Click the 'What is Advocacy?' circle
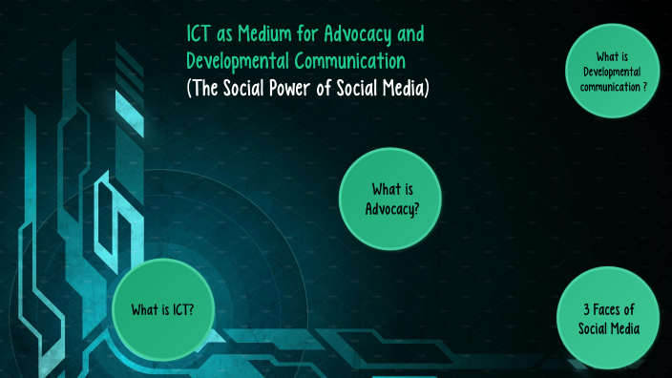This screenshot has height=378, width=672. pos(391,198)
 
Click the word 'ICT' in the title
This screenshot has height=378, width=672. pos(199,35)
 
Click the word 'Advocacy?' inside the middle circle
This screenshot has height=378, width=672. pos(391,208)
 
